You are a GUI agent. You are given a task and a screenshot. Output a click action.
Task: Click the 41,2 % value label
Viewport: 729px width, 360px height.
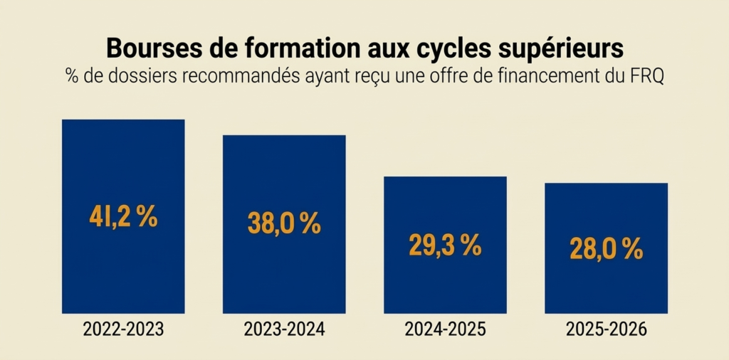[123, 217]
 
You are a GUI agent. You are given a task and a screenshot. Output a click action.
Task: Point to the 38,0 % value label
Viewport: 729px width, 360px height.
[284, 223]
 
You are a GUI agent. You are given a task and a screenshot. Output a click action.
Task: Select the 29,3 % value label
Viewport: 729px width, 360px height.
[445, 245]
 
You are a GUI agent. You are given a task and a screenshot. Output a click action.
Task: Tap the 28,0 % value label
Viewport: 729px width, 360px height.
[606, 249]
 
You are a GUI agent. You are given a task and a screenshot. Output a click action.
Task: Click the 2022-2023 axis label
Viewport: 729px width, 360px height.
[123, 330]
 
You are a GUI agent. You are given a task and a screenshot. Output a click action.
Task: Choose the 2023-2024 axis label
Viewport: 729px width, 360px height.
[284, 330]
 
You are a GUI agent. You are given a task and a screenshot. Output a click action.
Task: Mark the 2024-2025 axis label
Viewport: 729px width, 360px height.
[445, 330]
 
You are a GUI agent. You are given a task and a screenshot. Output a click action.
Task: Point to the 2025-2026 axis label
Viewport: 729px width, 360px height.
[606, 330]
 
